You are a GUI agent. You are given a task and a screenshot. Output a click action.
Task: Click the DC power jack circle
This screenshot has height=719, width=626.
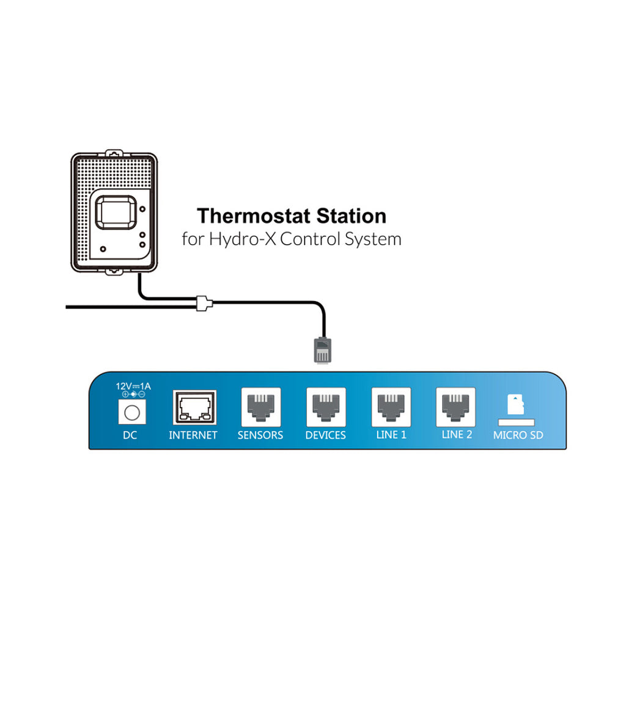click(132, 413)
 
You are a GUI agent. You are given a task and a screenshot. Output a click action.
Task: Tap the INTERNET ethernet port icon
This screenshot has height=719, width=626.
click(194, 407)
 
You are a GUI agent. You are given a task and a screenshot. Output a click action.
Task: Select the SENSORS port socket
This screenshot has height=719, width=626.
click(260, 407)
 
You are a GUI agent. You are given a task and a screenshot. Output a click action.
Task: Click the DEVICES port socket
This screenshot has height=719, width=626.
click(326, 407)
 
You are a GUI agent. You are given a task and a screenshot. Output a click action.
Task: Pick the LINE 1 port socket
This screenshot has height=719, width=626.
click(391, 407)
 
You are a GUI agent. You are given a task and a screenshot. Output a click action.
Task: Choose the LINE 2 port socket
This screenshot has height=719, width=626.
click(455, 407)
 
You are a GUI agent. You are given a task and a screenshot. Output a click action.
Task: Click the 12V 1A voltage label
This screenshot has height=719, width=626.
click(133, 386)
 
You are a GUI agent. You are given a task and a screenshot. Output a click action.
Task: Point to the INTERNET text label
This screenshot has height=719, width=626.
click(193, 435)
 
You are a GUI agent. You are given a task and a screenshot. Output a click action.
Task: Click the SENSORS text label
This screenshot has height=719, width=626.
click(260, 435)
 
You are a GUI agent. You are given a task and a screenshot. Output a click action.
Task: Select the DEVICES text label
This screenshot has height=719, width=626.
click(325, 435)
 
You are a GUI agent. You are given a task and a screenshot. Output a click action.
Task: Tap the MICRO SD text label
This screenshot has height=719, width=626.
click(518, 435)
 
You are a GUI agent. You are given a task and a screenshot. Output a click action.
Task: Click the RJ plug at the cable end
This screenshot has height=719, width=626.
click(322, 350)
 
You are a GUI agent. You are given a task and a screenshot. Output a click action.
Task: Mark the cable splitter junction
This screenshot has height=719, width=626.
click(204, 303)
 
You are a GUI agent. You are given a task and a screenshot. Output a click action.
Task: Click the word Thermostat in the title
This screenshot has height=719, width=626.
click(254, 216)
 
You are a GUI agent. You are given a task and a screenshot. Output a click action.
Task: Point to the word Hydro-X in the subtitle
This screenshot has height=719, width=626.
click(242, 239)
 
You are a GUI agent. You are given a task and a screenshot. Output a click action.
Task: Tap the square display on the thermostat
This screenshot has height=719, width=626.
click(116, 213)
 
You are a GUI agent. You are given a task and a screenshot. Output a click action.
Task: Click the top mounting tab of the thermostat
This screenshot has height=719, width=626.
click(114, 153)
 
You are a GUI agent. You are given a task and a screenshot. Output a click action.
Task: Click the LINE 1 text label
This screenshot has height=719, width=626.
click(391, 435)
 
